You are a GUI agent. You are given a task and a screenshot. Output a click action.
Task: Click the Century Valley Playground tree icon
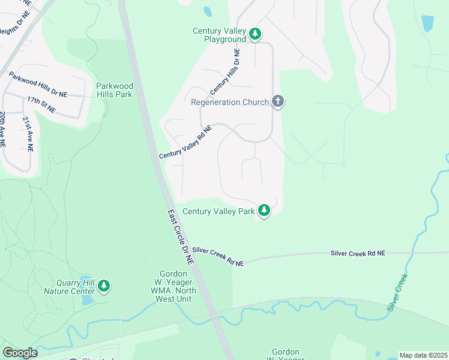click(x=256, y=34)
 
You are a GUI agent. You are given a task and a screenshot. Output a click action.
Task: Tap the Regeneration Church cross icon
click(x=277, y=101)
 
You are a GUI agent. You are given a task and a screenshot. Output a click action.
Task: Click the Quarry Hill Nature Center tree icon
click(x=104, y=286)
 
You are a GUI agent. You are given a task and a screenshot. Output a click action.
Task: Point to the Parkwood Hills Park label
click(x=114, y=90)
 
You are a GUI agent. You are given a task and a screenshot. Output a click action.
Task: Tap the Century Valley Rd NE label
click(x=186, y=142)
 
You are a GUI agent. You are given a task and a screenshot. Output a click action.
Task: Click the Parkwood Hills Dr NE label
click(x=38, y=85)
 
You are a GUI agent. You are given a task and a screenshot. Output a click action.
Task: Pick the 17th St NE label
click(x=41, y=104)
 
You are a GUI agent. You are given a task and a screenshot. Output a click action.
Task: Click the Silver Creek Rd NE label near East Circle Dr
click(x=218, y=256)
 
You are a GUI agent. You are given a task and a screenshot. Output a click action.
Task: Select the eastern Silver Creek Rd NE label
click(x=358, y=254)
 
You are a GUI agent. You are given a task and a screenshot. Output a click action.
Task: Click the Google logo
click(x=20, y=352)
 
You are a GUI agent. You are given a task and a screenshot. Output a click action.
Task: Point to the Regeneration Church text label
click(x=229, y=102)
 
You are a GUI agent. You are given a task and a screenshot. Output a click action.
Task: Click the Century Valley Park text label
click(x=218, y=211)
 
